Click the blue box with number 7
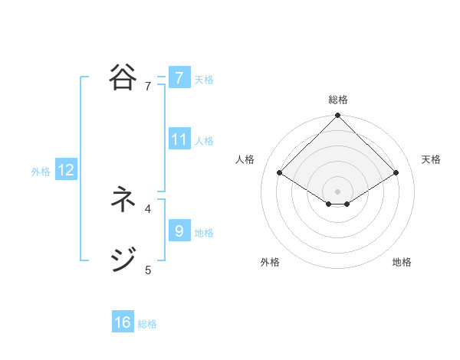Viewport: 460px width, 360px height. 179,78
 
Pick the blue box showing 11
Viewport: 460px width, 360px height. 179,139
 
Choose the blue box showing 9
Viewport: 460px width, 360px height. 179,231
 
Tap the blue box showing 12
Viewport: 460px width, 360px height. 66,171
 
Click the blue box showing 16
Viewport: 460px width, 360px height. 123,322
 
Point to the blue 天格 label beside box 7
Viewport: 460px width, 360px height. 204,80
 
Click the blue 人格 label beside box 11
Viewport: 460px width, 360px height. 204,141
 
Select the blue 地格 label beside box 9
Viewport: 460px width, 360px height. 204,233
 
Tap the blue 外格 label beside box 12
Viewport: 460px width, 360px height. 41,172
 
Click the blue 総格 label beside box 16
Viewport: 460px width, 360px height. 147,324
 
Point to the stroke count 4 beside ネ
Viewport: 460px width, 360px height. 148,208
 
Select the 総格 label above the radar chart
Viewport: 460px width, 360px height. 337,100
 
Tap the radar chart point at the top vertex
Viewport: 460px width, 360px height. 337,116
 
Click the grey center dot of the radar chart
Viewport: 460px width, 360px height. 337,191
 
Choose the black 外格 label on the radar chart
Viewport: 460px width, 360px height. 270,262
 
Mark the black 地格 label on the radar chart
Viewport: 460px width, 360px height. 402,262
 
